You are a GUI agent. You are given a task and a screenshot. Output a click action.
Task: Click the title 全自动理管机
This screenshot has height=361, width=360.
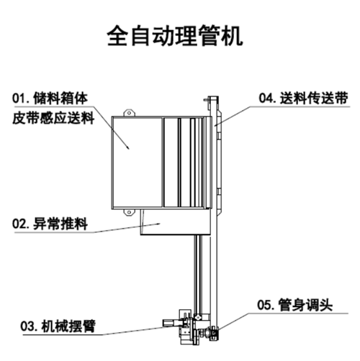[x=175, y=35]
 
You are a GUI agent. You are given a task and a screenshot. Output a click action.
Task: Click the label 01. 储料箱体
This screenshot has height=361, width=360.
[x=50, y=99]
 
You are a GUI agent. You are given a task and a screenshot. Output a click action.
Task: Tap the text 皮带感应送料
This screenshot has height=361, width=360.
[x=53, y=118]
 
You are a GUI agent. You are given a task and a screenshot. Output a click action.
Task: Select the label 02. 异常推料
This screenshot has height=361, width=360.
[x=50, y=224]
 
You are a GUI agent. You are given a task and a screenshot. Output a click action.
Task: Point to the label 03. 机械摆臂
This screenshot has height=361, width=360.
[x=58, y=326]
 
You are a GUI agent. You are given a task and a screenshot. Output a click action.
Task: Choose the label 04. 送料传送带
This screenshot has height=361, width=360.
[x=303, y=98]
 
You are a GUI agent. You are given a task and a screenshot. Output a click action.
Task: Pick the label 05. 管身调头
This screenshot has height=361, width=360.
[x=295, y=305]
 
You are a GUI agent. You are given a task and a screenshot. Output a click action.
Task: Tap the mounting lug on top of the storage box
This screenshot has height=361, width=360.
[x=130, y=113]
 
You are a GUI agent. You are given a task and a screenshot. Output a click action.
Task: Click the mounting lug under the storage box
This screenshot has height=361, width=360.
[x=130, y=212]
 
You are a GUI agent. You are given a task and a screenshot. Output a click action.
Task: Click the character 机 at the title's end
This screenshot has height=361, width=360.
[x=232, y=35]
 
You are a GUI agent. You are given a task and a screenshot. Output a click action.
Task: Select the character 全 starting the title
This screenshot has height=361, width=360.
[x=117, y=35]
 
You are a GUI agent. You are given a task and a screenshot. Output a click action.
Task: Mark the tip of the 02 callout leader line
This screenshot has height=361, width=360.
[x=160, y=224]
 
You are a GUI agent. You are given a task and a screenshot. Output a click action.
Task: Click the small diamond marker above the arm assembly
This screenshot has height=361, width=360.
[x=198, y=317]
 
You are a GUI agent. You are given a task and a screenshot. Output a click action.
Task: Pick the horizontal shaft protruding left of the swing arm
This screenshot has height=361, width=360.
[x=171, y=323]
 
